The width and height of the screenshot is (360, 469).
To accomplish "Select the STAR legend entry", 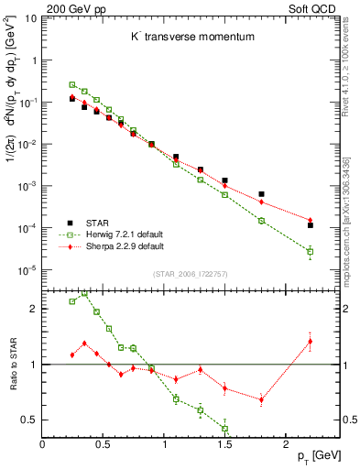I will [98, 222].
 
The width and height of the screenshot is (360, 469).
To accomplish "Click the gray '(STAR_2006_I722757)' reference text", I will [191, 273].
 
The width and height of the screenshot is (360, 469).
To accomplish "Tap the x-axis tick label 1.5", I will [226, 442].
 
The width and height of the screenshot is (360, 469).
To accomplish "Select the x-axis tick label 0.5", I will [104, 442].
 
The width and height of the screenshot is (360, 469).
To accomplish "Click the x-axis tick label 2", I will [288, 442].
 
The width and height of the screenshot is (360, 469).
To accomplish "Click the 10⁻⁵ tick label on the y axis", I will [27, 270].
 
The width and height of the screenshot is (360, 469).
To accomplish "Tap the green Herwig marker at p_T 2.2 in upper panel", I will [311, 251].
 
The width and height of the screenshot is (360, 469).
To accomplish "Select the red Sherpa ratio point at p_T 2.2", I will [311, 342].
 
